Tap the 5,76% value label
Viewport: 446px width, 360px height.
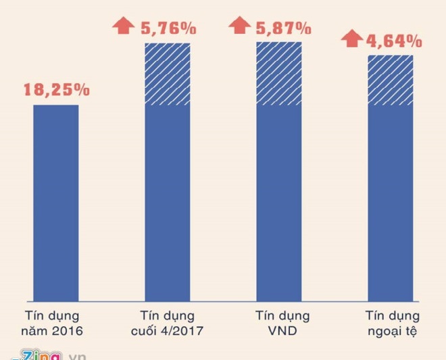click(168, 28)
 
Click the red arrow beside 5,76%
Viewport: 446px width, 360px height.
click(124, 26)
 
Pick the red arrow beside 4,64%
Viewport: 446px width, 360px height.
click(351, 38)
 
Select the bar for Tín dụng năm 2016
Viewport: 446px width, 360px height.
click(56, 203)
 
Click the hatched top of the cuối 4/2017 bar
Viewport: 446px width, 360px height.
click(168, 74)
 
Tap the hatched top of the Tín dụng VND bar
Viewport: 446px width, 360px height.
click(279, 73)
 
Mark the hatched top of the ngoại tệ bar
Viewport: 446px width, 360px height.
click(390, 80)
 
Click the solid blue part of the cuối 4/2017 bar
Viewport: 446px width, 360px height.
click(168, 203)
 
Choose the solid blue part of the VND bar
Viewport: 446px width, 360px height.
click(279, 203)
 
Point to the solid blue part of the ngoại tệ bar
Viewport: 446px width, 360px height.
click(390, 203)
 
